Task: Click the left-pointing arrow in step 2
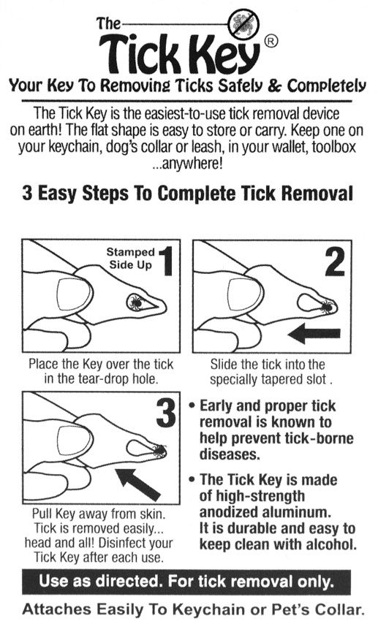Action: (314, 335)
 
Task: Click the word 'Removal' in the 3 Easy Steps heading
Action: (307, 195)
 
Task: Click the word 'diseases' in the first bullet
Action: (229, 454)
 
